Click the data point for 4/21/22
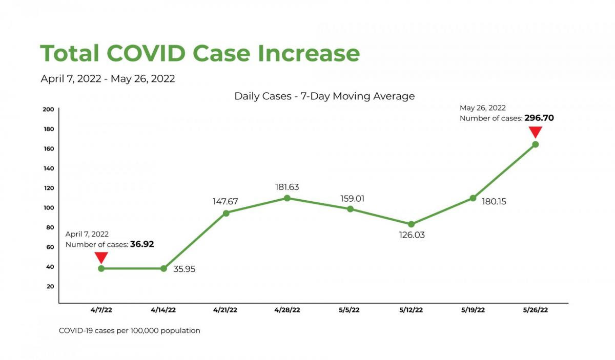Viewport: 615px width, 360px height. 225,213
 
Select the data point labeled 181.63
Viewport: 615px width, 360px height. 287,198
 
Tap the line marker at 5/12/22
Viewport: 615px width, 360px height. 411,224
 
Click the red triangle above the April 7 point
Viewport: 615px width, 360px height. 101,257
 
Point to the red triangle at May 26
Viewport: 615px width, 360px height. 535,132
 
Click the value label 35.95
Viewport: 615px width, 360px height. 184,268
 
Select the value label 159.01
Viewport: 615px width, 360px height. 352,198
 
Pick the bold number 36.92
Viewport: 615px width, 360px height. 142,244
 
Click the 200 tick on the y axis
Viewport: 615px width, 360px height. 49,109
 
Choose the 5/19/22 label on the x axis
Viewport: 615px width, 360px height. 473,310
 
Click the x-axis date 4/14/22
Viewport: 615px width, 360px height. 163,310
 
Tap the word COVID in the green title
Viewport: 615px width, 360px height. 149,53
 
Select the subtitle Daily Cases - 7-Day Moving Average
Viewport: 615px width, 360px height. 324,96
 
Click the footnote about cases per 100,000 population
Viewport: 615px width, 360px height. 130,331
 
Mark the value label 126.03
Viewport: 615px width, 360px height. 412,235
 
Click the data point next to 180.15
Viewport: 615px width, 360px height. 473,198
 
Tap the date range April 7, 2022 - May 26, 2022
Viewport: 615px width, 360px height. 108,79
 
